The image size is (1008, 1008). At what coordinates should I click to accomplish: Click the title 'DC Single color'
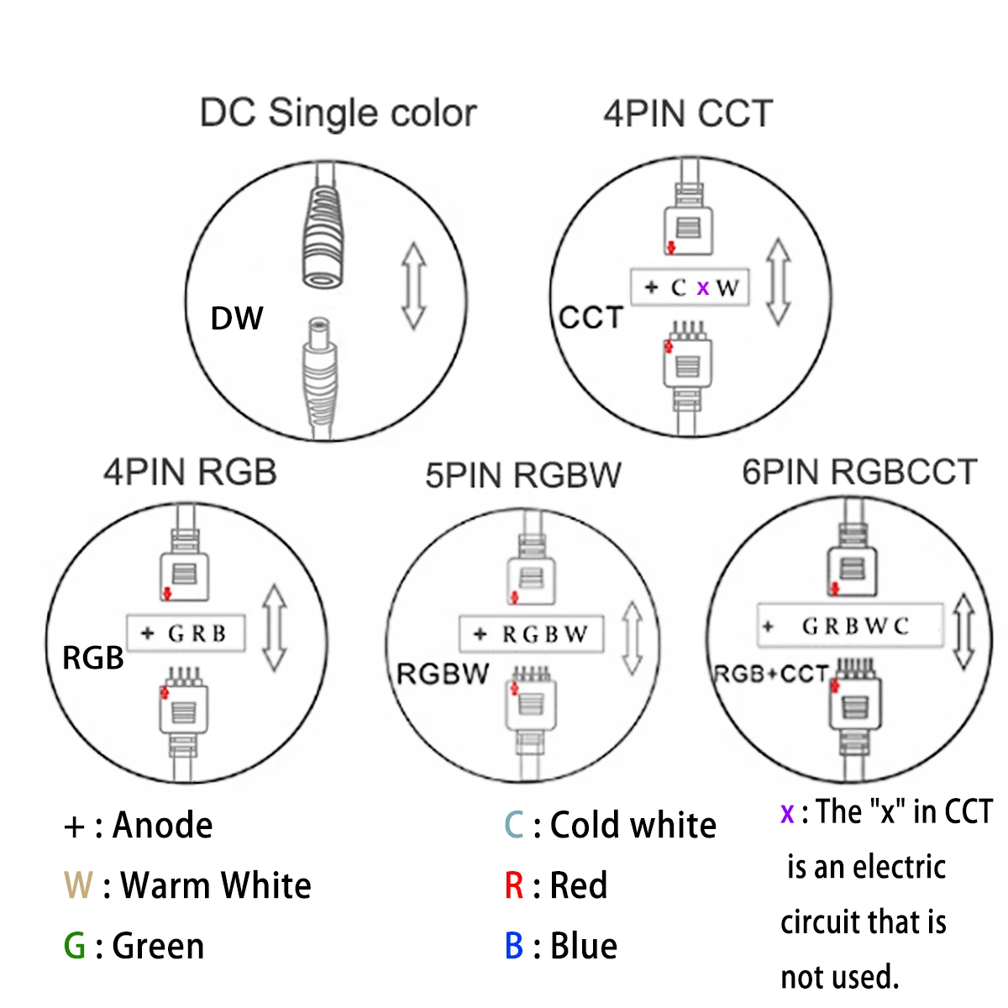[338, 113]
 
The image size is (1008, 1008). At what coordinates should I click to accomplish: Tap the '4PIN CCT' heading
[687, 113]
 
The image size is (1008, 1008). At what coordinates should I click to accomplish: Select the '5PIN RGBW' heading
[522, 475]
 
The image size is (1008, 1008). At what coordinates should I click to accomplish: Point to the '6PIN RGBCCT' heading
[859, 472]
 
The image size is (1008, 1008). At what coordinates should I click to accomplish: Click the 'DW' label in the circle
[237, 318]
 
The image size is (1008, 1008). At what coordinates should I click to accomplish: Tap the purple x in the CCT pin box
[703, 288]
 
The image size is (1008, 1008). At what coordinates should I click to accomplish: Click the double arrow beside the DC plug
[413, 286]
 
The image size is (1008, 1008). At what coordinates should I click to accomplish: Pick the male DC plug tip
[318, 336]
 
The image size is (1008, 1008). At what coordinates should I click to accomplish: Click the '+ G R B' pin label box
[186, 633]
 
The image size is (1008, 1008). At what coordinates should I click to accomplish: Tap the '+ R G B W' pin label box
[531, 634]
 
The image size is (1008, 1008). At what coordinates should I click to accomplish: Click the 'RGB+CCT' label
[770, 675]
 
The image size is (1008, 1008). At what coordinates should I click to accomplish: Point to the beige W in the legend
[78, 885]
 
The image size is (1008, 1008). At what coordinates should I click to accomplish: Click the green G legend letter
[75, 946]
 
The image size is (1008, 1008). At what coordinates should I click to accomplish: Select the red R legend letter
[514, 885]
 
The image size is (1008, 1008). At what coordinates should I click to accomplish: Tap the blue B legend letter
[514, 946]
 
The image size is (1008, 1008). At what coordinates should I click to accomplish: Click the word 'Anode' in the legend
[163, 826]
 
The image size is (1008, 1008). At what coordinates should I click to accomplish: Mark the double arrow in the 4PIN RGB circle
[275, 628]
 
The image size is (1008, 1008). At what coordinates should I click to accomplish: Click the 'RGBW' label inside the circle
[443, 674]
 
